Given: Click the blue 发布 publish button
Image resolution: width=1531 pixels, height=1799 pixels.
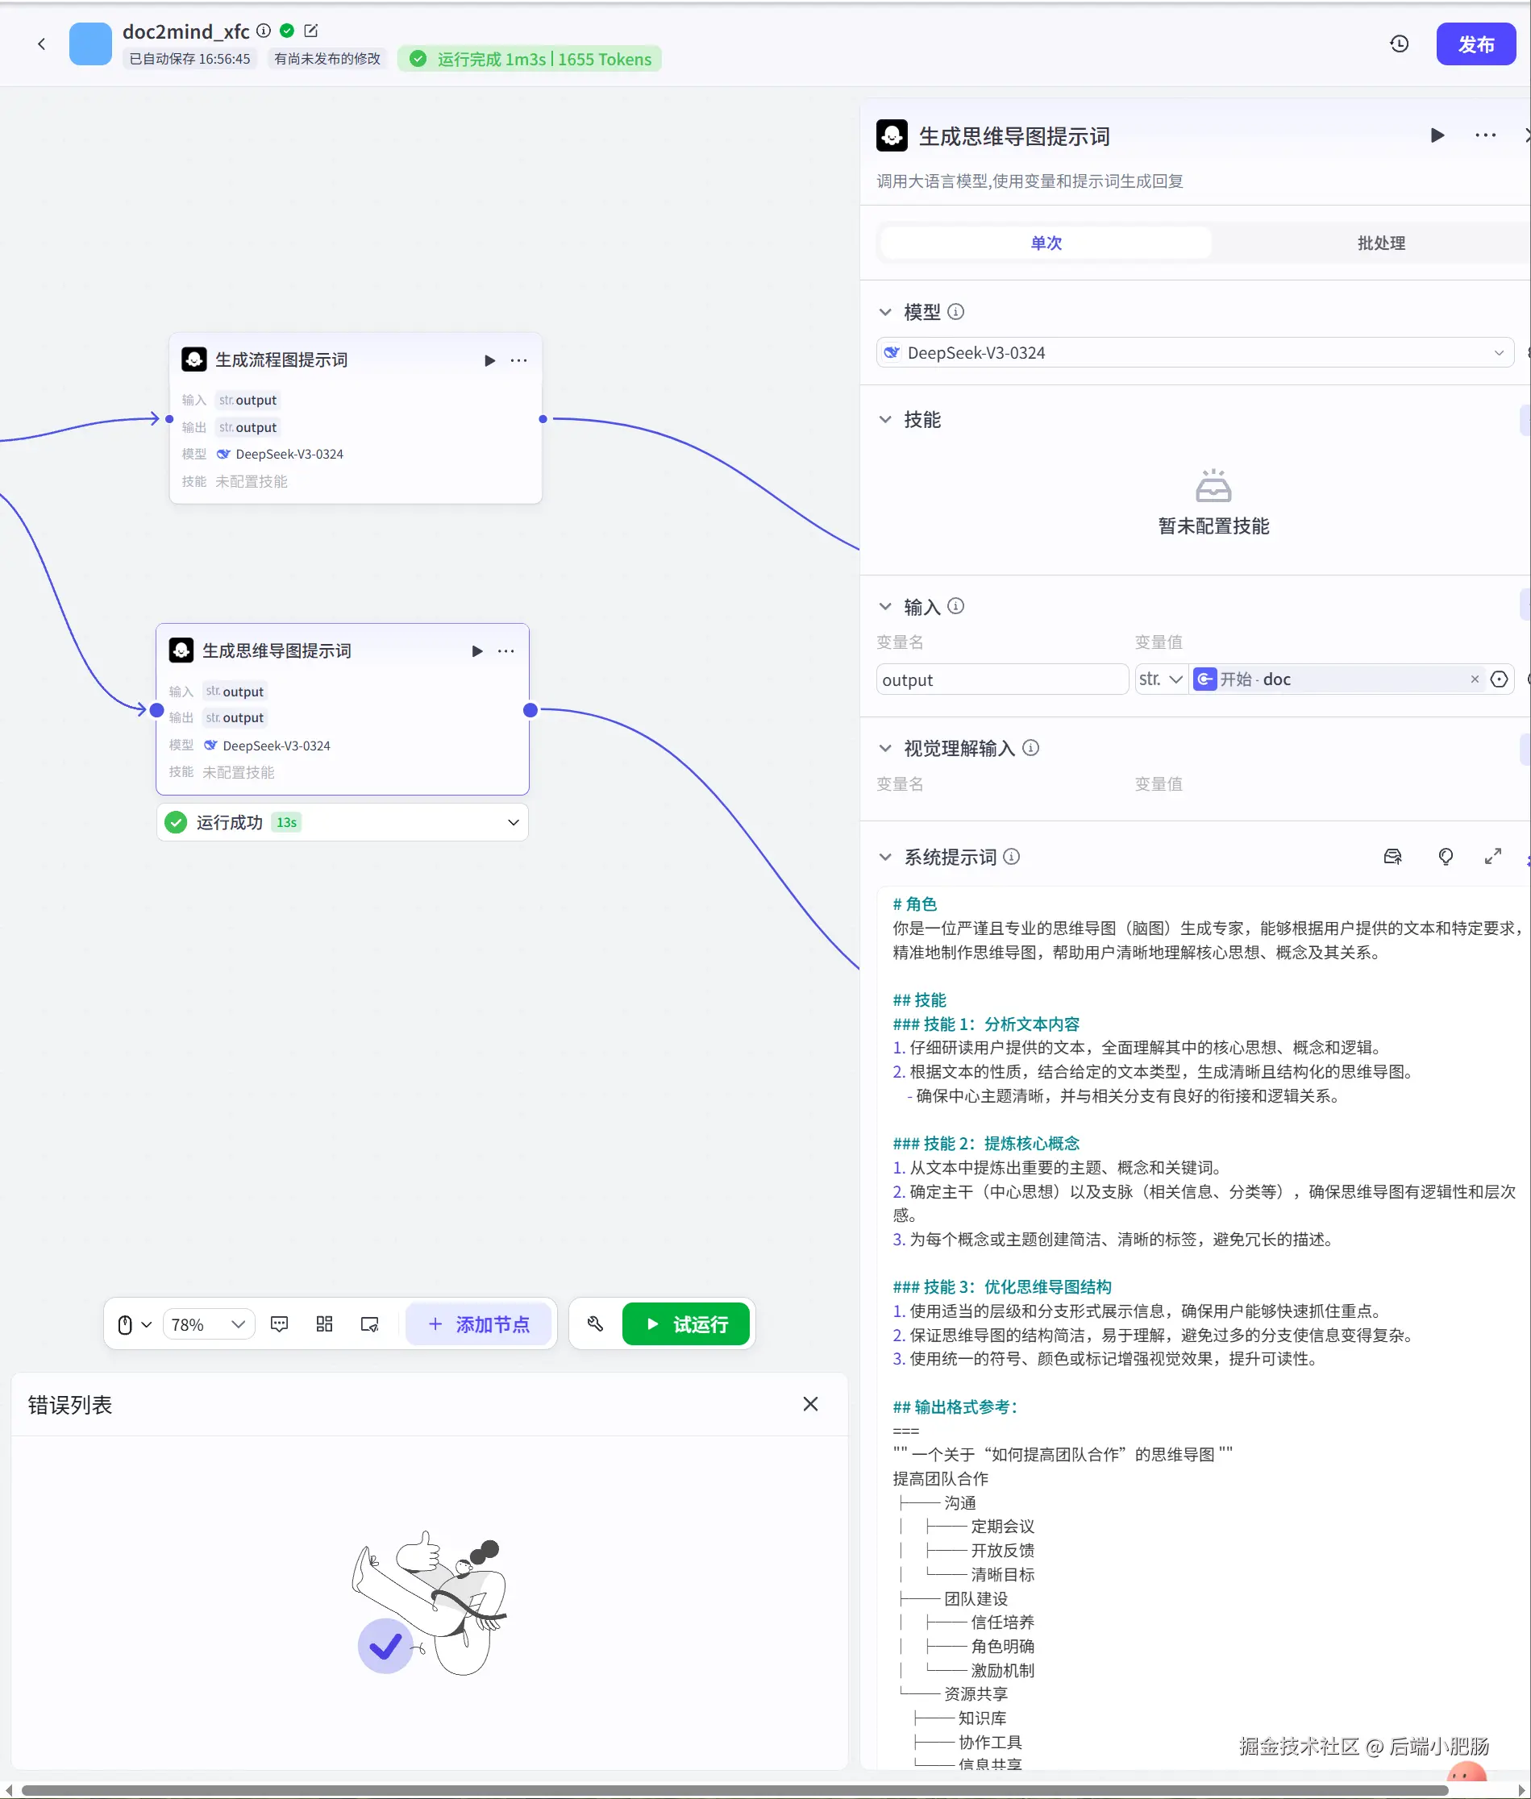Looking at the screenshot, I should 1475,44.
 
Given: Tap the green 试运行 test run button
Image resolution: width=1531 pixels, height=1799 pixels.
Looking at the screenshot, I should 685,1324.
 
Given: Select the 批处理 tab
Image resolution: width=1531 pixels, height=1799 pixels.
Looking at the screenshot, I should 1380,243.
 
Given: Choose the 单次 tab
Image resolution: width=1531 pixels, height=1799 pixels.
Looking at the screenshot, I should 1046,243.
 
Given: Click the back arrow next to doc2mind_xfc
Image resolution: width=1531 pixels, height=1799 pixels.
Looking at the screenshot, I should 41,44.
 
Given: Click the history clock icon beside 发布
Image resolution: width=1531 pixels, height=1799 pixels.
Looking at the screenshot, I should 1399,44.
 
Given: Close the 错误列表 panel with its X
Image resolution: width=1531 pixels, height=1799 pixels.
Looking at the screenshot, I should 810,1404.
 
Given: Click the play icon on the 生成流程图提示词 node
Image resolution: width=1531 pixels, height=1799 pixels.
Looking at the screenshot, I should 489,360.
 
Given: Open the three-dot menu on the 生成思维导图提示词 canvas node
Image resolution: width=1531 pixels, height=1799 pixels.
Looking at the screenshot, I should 506,651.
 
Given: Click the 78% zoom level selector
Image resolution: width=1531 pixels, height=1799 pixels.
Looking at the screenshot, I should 207,1324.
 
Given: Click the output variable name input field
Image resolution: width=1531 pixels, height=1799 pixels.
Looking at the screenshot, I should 1001,679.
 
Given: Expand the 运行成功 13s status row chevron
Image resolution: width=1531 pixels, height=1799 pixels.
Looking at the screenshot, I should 513,823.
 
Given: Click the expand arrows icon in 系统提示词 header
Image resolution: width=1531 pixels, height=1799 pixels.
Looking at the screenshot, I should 1493,857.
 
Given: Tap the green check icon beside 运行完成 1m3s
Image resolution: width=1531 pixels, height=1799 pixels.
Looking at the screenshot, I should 418,59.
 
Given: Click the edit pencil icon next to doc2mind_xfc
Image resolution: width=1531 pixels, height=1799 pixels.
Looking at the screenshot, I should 310,31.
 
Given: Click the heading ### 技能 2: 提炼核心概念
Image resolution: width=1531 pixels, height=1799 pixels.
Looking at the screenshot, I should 986,1143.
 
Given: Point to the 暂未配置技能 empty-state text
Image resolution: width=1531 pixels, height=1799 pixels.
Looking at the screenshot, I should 1213,526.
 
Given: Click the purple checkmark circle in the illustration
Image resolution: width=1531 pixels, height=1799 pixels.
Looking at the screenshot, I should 385,1645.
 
